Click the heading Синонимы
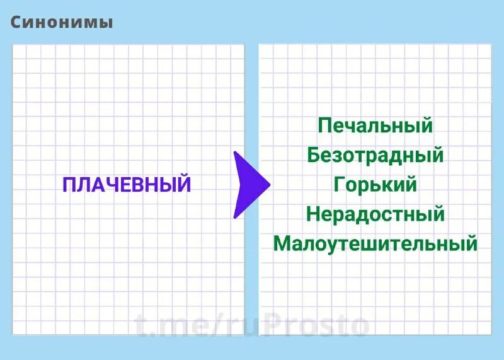[62, 22]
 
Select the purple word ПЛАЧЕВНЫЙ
[126, 185]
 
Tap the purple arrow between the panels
[249, 185]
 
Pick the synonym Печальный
[375, 125]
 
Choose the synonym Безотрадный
[375, 154]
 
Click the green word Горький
[375, 184]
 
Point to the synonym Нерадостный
[375, 214]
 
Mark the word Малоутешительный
[375, 244]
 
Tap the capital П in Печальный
[325, 125]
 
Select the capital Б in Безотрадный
[314, 154]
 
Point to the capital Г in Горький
[340, 184]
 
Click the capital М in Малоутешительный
[282, 244]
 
